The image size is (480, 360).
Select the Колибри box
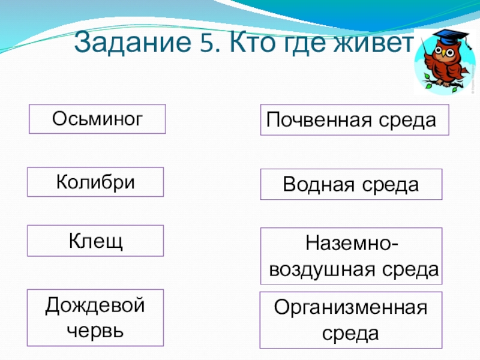click(95, 182)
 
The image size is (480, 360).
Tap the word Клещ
click(95, 241)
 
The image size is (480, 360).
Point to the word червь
click(95, 330)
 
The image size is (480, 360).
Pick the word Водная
click(320, 184)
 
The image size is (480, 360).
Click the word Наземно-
click(351, 244)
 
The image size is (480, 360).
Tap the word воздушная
click(328, 270)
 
